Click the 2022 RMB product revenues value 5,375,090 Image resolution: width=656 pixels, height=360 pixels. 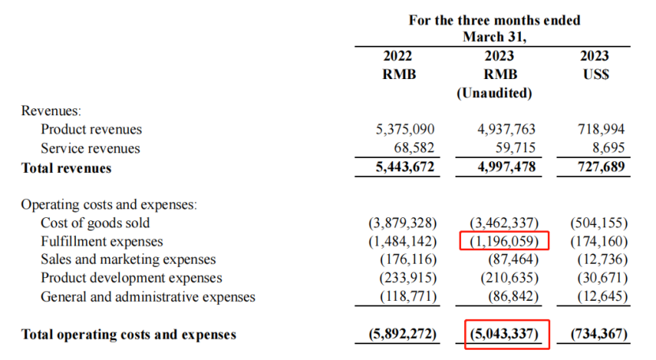point(405,129)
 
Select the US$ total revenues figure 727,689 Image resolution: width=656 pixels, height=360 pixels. point(602,167)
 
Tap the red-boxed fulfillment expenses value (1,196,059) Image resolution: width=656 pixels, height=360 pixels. point(504,242)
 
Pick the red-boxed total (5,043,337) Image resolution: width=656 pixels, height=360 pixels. point(504,334)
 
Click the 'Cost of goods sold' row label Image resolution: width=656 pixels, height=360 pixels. point(95,223)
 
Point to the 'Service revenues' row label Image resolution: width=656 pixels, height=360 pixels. point(90,148)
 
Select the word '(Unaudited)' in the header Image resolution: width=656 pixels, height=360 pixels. point(494,93)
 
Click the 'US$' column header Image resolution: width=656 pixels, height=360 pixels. point(596,74)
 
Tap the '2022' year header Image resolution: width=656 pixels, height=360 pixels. point(397,56)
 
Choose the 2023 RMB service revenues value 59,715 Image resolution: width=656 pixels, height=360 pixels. point(515,148)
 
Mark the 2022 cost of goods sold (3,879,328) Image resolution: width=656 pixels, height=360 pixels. point(403,223)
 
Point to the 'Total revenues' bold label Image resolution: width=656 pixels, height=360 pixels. point(66,168)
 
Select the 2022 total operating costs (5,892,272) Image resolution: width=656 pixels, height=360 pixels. point(403,334)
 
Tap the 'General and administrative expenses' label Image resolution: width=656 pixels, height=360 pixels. point(148,297)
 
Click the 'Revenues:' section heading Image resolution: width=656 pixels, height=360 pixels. point(51,111)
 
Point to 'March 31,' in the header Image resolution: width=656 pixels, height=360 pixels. point(494,37)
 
